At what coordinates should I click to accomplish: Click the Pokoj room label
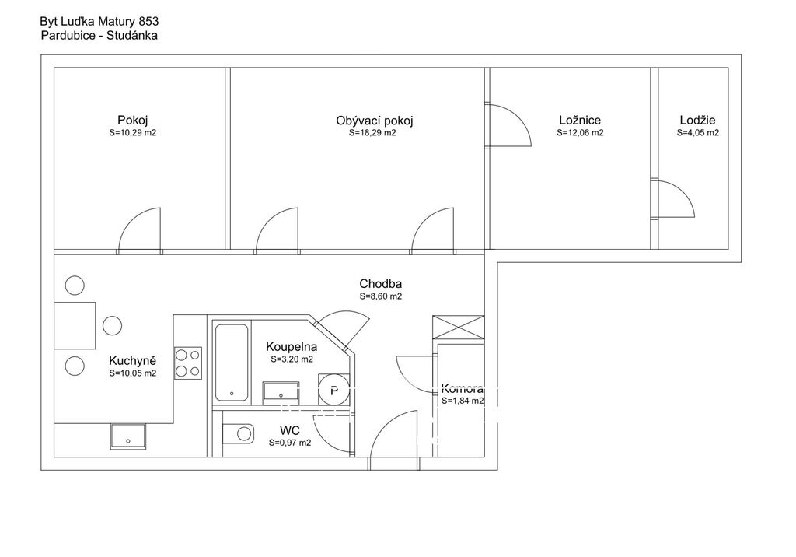[132, 121]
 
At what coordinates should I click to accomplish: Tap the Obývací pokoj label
[375, 121]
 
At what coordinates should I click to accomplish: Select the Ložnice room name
[580, 121]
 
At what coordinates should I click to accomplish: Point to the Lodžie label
[697, 121]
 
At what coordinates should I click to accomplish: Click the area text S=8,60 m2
[381, 296]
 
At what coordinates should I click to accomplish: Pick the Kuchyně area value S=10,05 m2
[132, 373]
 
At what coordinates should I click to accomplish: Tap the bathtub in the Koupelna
[232, 363]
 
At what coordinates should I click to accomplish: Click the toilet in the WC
[238, 433]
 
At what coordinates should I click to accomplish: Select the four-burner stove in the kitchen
[188, 363]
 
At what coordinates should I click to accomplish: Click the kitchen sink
[128, 436]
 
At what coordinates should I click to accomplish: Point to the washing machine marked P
[333, 390]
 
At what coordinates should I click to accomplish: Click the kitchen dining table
[75, 325]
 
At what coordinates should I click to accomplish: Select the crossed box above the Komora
[459, 326]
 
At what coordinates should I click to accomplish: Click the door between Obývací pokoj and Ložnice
[508, 125]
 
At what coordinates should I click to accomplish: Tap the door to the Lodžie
[672, 198]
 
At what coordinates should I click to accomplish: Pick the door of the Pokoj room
[140, 231]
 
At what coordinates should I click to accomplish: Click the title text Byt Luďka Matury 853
[99, 21]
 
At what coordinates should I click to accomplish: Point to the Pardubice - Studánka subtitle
[99, 36]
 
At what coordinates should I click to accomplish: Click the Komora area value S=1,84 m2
[463, 401]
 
